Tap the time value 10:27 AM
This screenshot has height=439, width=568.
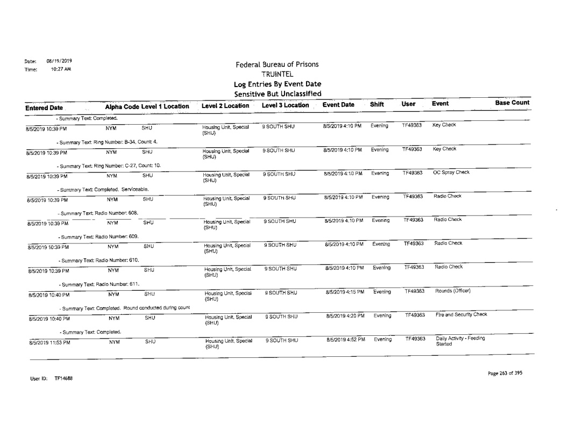pyautogui.click(x=51, y=77)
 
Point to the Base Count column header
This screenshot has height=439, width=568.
pyautogui.click(x=512, y=103)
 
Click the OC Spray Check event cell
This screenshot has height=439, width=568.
pyautogui.click(x=452, y=173)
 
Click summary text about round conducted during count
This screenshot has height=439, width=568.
pyautogui.click(x=124, y=307)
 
